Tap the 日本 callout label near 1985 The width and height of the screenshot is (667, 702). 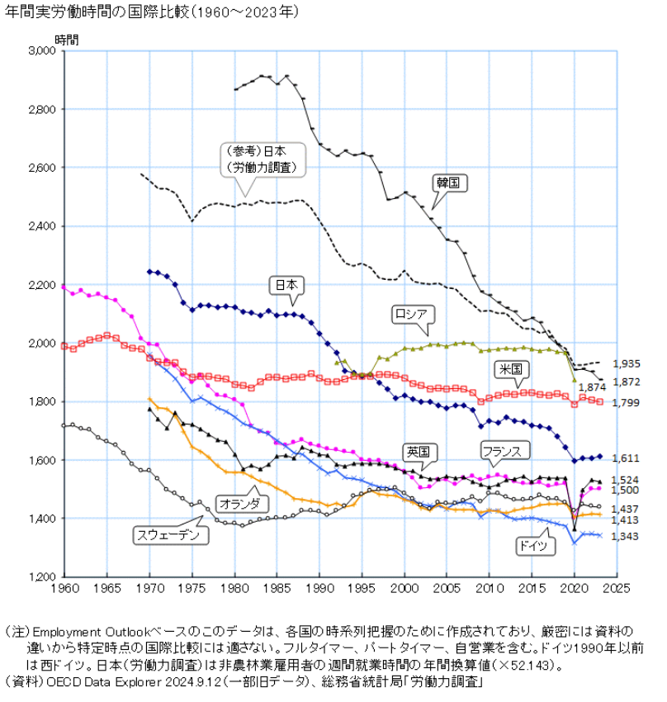286,285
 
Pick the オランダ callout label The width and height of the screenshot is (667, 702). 242,502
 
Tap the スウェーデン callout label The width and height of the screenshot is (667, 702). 171,535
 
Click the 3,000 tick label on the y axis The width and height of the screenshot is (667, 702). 39,50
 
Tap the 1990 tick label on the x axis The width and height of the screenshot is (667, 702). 319,588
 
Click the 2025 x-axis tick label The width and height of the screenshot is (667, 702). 616,588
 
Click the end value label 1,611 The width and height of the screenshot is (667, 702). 625,458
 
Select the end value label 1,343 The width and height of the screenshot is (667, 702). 625,537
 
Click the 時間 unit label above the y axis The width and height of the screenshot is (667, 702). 67,38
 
